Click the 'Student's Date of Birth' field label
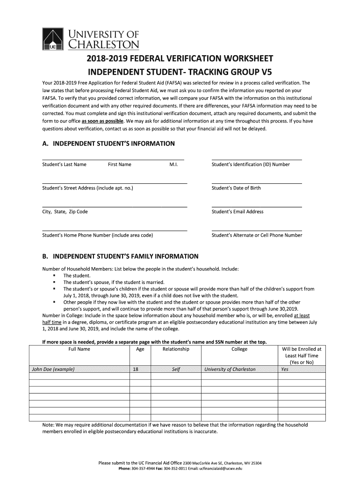pyautogui.click(x=236, y=188)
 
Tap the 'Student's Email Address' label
pyautogui.click(x=238, y=211)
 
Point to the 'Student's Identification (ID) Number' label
pyautogui.click(x=251, y=164)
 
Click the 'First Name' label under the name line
pyautogui.click(x=120, y=164)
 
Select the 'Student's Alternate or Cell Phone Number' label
pyautogui.click(x=257, y=235)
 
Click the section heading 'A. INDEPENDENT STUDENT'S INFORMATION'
pyautogui.click(x=108, y=144)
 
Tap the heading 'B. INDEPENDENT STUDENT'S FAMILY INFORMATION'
pyautogui.click(x=120, y=256)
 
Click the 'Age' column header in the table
pyautogui.click(x=140, y=349)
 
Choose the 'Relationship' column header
pyautogui.click(x=176, y=349)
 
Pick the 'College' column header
pyautogui.click(x=239, y=349)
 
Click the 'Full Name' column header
pyautogui.click(x=79, y=349)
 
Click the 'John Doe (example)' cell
pyautogui.click(x=53, y=369)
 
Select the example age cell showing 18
pyautogui.click(x=136, y=369)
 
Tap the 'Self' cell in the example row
pyautogui.click(x=176, y=369)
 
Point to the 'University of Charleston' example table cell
pyautogui.click(x=230, y=369)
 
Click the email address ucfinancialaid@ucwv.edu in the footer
pyautogui.click(x=219, y=468)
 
